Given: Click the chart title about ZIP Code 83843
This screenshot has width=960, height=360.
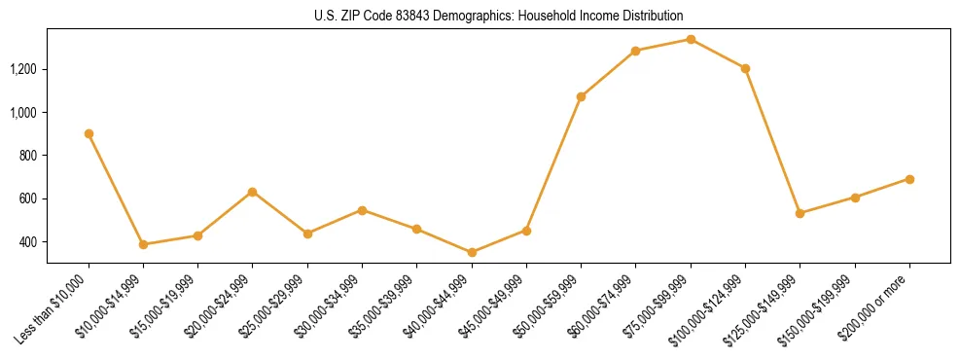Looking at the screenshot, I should [x=498, y=17].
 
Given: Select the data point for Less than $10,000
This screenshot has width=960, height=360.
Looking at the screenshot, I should [x=89, y=133].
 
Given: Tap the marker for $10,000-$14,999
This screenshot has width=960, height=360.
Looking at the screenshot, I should [x=143, y=244].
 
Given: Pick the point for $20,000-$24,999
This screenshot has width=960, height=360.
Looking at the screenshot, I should [x=253, y=192].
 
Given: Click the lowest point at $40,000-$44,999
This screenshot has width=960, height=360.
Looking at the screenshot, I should [x=472, y=252].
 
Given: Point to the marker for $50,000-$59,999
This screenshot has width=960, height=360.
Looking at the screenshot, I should [x=581, y=96].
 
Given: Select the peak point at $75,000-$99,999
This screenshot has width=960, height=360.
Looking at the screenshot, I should [x=691, y=39].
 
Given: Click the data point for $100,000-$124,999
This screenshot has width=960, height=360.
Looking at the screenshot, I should [x=745, y=68].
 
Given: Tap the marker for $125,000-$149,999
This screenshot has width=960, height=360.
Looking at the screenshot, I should [x=800, y=213].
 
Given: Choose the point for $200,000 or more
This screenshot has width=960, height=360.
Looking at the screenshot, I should [x=909, y=179].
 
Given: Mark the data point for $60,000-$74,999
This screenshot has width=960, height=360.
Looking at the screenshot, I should [x=635, y=51].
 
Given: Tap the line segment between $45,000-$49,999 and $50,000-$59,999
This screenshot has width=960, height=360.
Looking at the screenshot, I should [x=553, y=163].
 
